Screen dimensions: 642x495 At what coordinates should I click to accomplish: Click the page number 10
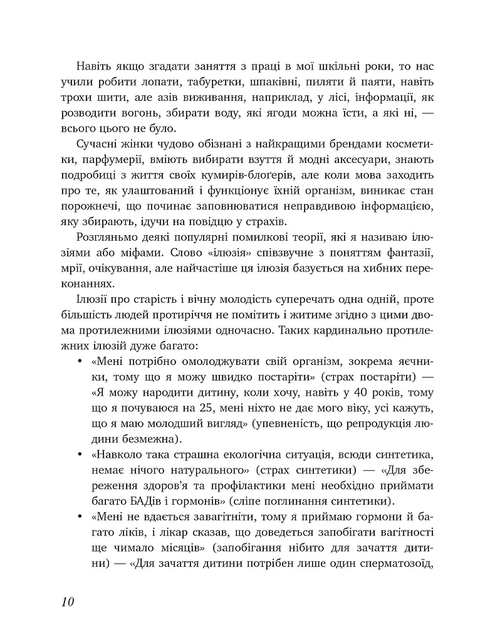[x=68, y=603]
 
